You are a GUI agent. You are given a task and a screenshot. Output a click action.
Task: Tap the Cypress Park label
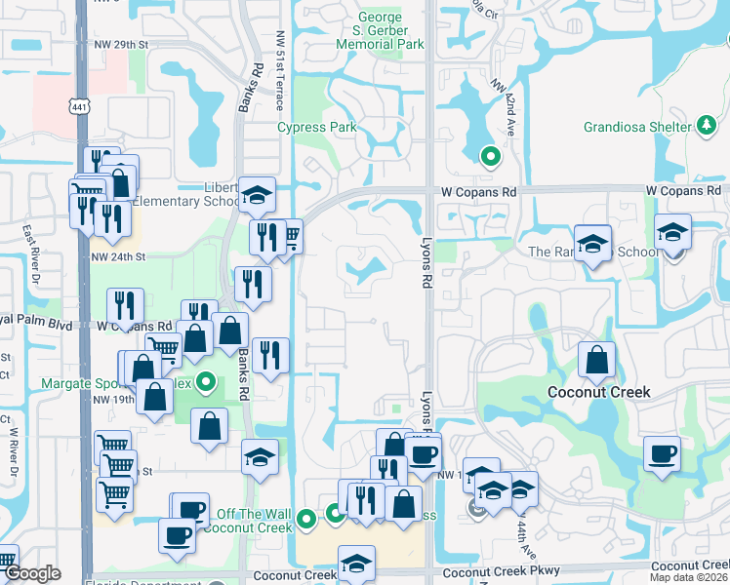tap(316, 127)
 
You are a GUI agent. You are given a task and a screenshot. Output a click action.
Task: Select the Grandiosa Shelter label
tap(637, 127)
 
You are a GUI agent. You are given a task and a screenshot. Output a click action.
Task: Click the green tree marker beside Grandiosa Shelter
tap(706, 126)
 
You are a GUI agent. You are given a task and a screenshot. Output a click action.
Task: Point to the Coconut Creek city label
tap(598, 392)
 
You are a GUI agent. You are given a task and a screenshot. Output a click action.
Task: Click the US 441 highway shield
tap(80, 106)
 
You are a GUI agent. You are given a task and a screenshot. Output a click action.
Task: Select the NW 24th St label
tap(118, 257)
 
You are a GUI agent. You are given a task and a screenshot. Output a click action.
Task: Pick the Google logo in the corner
tap(32, 573)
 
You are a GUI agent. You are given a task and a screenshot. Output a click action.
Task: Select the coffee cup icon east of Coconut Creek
tap(662, 453)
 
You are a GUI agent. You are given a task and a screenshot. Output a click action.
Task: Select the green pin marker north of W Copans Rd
tap(491, 155)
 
